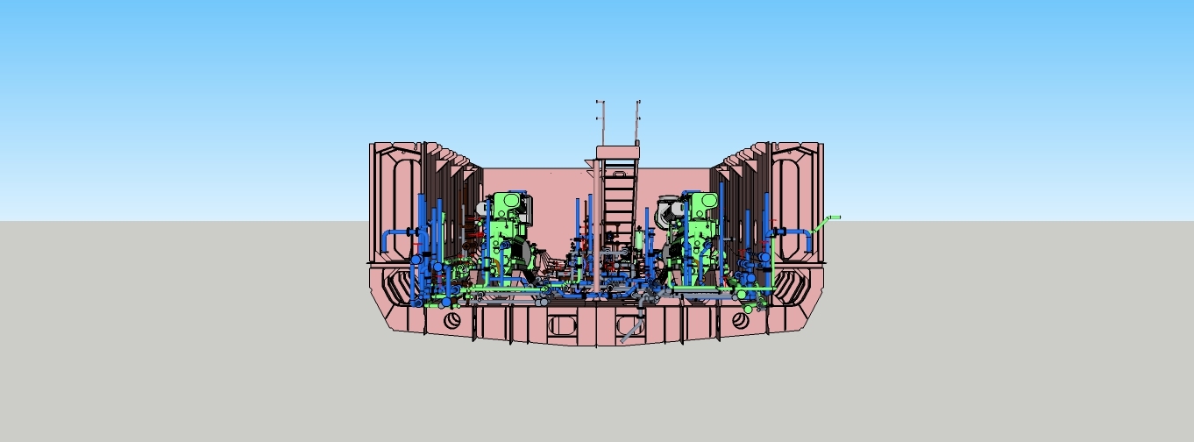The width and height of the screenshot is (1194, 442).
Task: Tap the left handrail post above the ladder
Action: click(599, 123)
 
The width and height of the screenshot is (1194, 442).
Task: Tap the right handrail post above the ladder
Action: click(638, 123)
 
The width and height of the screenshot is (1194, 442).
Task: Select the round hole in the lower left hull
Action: click(452, 320)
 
